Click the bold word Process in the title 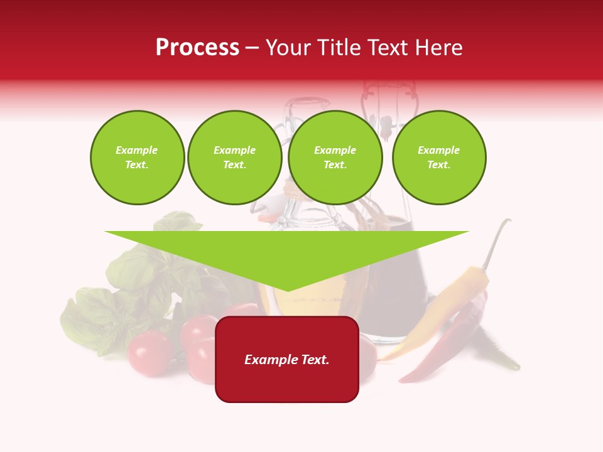tap(197, 48)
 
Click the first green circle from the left tap(137, 158)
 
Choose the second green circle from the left tap(234, 158)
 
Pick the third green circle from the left tap(335, 158)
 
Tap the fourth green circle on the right tap(438, 158)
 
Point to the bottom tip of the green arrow tap(288, 289)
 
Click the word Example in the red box tap(268, 360)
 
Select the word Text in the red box tap(313, 360)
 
